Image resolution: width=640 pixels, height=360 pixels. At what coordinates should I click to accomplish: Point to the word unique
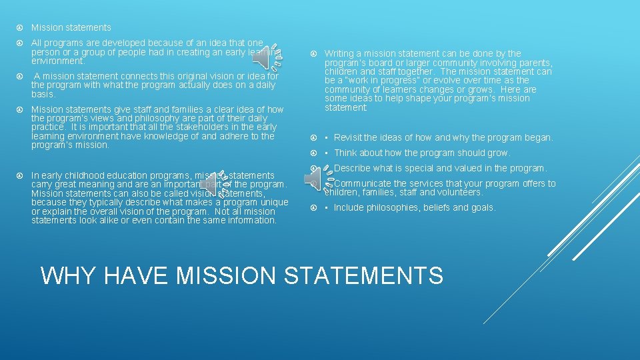click(x=273, y=202)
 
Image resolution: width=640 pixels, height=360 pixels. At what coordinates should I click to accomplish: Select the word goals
click(x=482, y=207)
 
